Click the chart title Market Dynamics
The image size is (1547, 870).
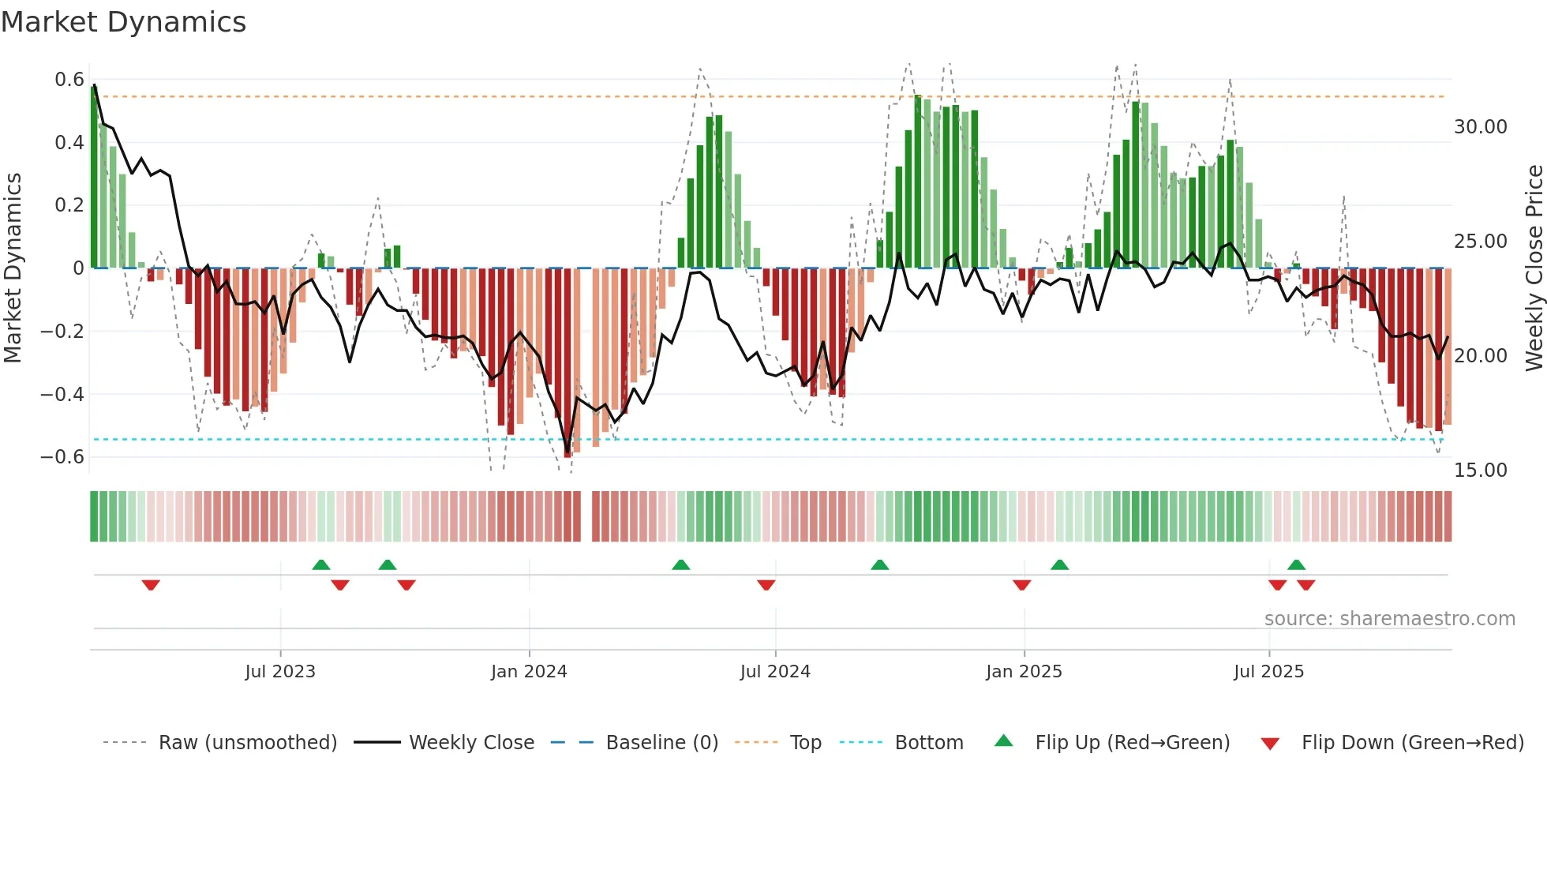(124, 22)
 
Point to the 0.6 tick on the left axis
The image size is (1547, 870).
(69, 80)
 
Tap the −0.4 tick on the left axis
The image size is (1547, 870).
(62, 394)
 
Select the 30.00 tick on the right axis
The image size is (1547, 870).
(1481, 127)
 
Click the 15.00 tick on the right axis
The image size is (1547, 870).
(1481, 471)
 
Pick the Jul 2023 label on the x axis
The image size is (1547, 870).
(280, 672)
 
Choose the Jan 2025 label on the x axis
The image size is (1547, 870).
(1024, 672)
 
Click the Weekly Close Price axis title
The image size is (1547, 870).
(1534, 268)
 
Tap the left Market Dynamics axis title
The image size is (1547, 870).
(13, 268)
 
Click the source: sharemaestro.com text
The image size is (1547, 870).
(1389, 619)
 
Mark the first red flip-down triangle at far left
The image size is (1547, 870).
(151, 585)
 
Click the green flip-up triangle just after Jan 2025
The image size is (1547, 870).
(1059, 564)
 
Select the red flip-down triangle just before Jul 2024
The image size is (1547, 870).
(766, 585)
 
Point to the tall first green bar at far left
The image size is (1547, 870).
(94, 178)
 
